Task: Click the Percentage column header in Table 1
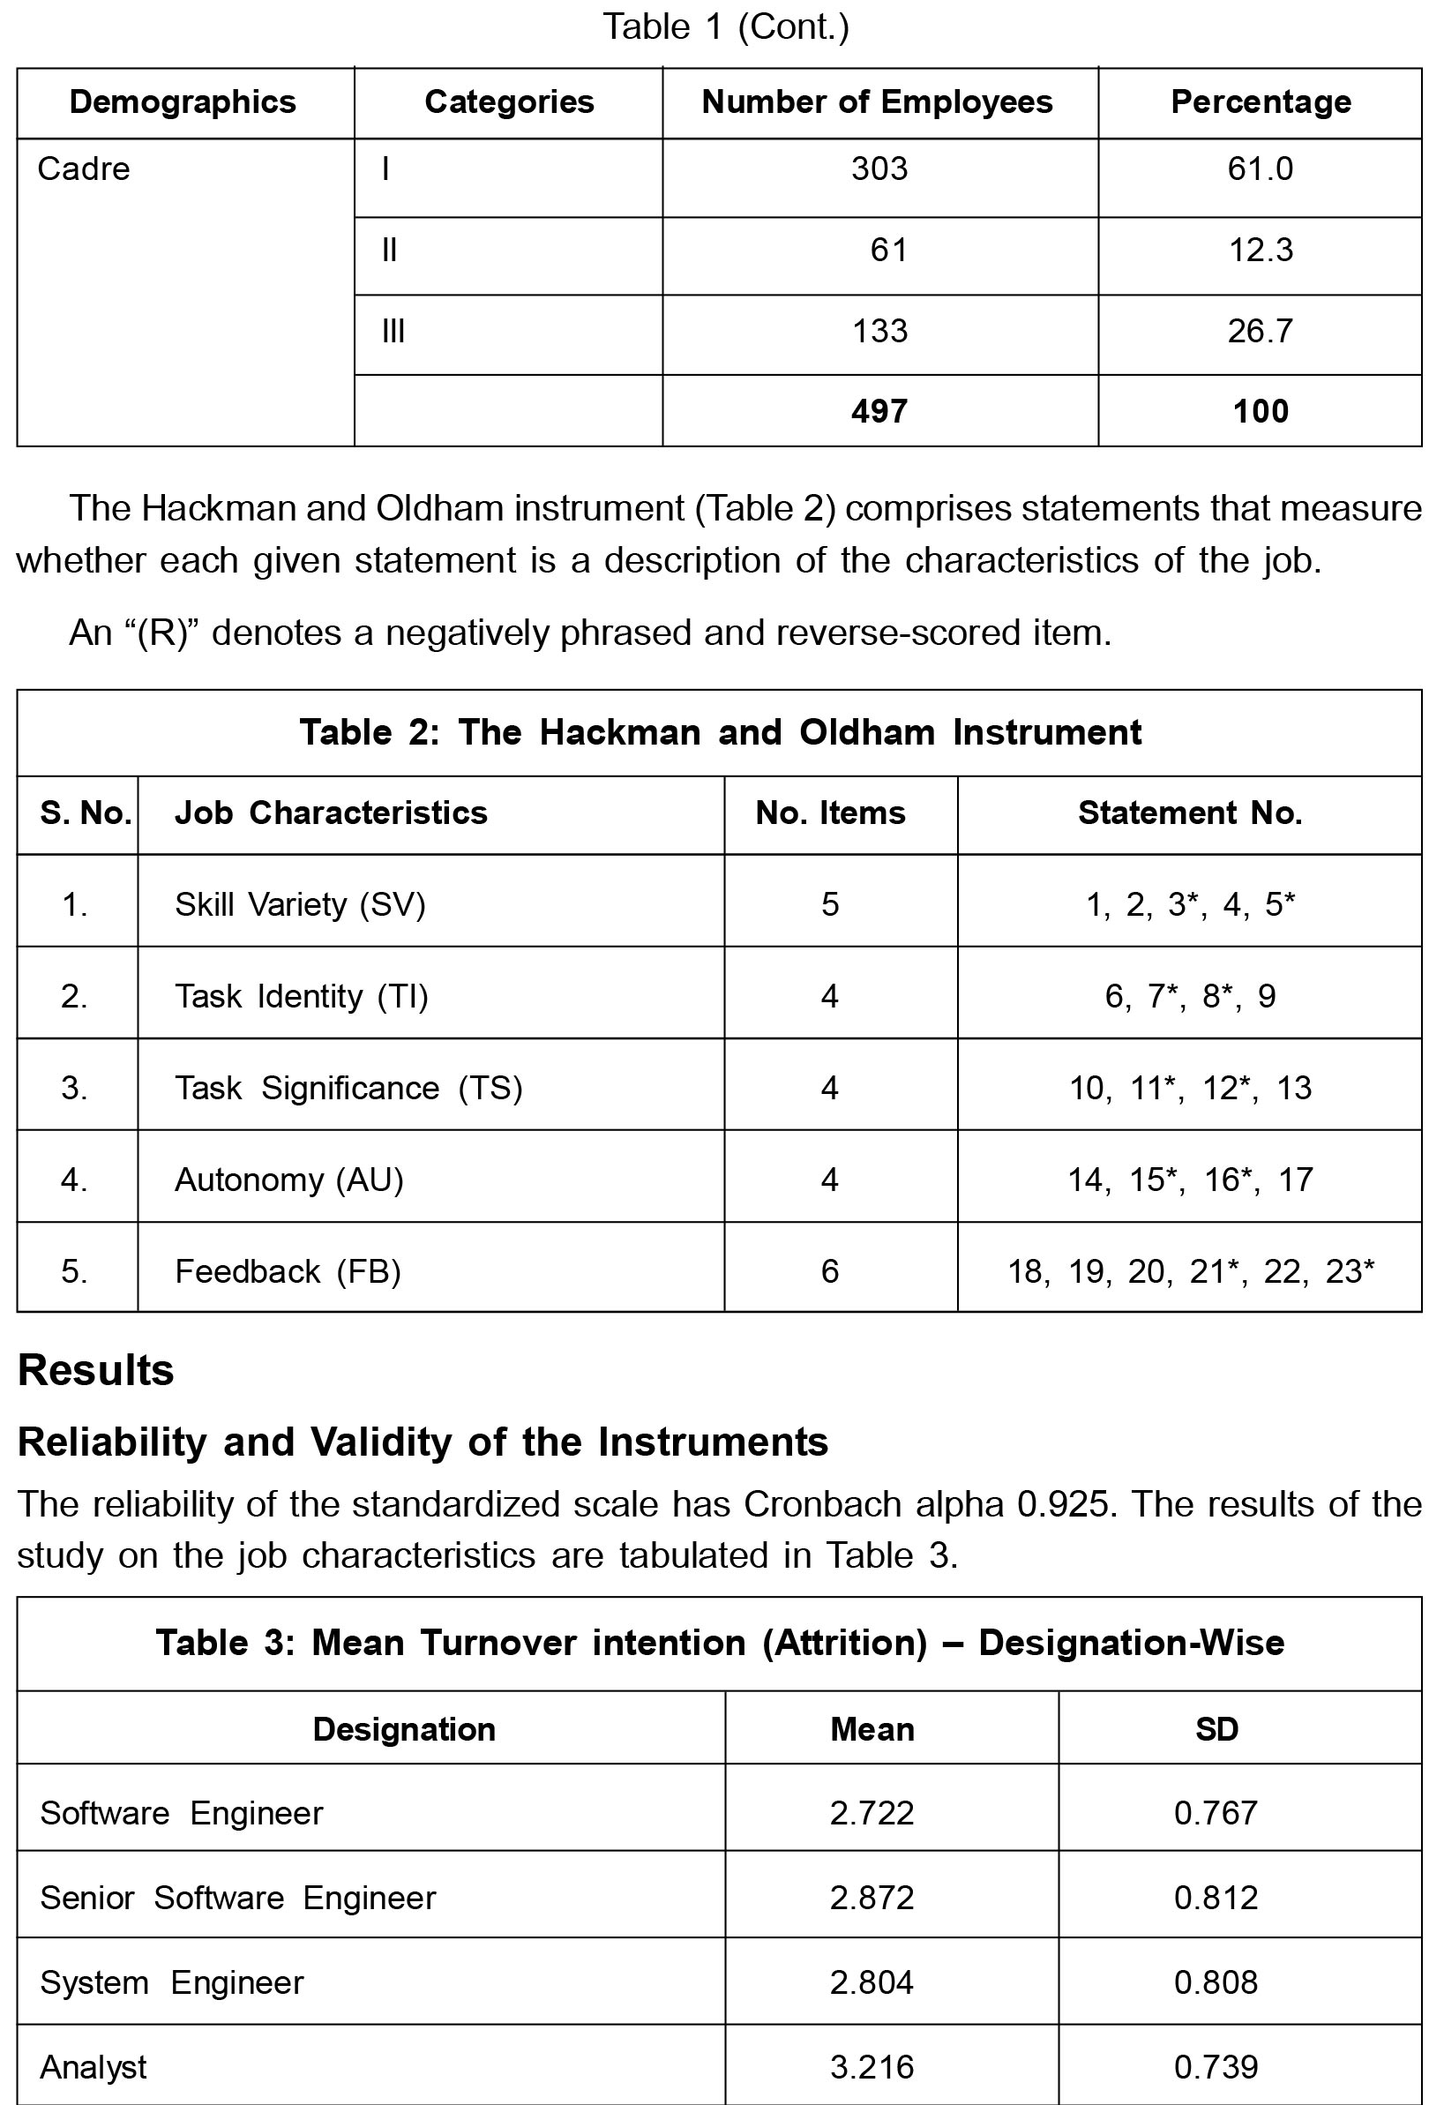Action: [1260, 102]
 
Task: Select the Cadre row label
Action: [83, 169]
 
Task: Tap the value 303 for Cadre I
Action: [879, 169]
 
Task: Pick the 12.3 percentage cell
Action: [1260, 250]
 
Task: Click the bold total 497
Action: [879, 412]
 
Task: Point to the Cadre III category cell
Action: [393, 332]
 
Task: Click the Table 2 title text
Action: [720, 732]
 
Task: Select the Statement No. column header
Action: [1189, 813]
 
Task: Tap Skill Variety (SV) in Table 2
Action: [300, 905]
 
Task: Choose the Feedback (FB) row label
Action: [287, 1271]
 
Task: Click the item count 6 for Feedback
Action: [829, 1271]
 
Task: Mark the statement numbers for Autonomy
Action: [1189, 1180]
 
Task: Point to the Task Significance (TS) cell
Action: [348, 1088]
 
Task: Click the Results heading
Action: [96, 1370]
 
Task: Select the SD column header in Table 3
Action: [1216, 1730]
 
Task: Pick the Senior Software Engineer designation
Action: [237, 1898]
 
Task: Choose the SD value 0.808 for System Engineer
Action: [1216, 1982]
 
